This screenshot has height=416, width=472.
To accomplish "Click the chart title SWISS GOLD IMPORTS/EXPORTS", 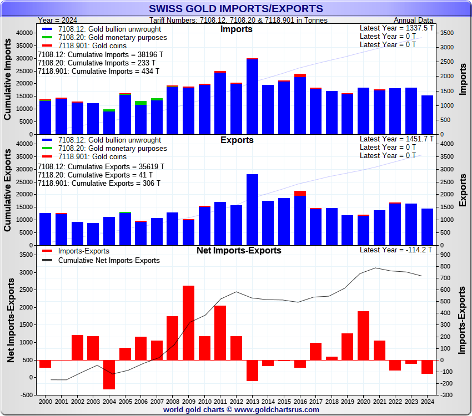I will [236, 8].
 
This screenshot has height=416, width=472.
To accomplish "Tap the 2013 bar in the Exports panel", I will [253, 210].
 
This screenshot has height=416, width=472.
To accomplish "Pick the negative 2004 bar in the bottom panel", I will [109, 374].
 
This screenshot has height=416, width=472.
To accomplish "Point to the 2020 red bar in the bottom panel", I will [364, 336].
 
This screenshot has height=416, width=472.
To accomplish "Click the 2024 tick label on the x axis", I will [427, 401].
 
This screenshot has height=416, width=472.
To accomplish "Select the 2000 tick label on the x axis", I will [46, 401].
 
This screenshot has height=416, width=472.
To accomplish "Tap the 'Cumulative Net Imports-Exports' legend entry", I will [109, 260].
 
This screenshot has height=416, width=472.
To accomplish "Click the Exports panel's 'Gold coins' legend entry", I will [100, 157].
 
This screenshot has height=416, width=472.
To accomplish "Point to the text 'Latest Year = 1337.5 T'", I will [396, 28].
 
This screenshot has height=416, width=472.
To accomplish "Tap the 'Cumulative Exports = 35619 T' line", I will [101, 166].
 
